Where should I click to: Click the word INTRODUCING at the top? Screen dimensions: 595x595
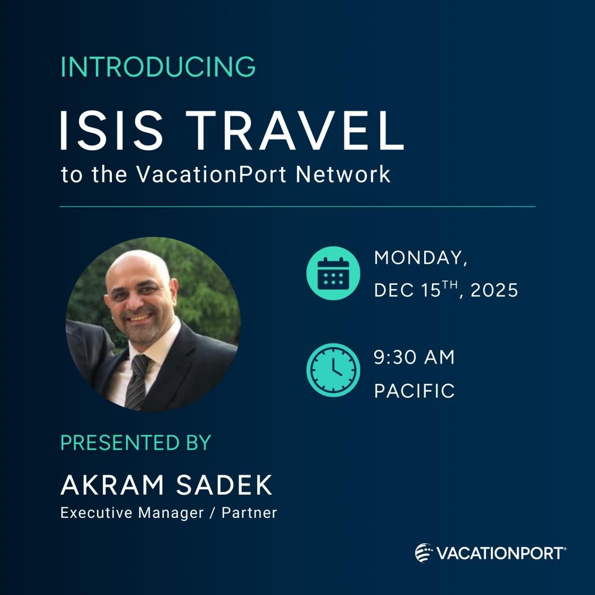tap(158, 67)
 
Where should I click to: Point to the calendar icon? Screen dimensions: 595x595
tap(333, 273)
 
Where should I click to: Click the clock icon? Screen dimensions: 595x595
tap(333, 370)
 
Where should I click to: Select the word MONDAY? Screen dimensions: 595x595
tap(420, 258)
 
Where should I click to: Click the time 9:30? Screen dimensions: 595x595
tap(396, 358)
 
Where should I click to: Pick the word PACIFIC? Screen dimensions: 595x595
tap(414, 391)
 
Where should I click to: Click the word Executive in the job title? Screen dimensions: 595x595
tap(95, 513)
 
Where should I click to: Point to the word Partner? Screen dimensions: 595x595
tap(249, 513)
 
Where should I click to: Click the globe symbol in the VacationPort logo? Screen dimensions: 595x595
tap(424, 553)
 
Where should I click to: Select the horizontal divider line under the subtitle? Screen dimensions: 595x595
tap(297, 207)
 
